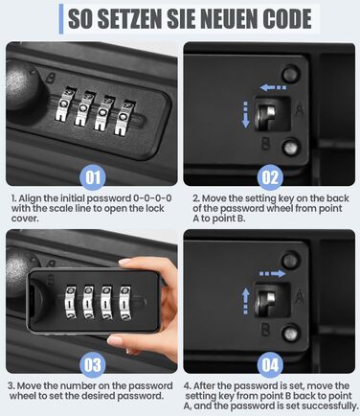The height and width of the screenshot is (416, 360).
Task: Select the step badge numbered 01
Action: click(93, 177)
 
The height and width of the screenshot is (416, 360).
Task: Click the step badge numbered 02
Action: click(270, 177)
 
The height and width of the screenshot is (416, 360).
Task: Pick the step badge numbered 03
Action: click(93, 365)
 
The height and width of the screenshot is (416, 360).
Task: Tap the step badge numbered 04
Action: click(270, 365)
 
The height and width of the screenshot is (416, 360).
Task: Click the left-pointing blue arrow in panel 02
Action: click(273, 87)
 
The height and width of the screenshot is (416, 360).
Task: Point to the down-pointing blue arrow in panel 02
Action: click(245, 114)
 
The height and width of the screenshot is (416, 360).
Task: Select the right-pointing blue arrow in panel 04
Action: click(272, 274)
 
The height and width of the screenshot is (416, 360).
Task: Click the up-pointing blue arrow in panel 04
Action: click(245, 301)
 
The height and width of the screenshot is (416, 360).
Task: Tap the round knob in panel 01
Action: click(21, 85)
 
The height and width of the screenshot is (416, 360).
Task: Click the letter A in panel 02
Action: click(299, 109)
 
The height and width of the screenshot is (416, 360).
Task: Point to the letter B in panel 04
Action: click(265, 330)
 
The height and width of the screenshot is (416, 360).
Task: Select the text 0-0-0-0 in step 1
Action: click(152, 198)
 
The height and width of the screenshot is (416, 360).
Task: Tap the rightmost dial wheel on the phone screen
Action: click(124, 303)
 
